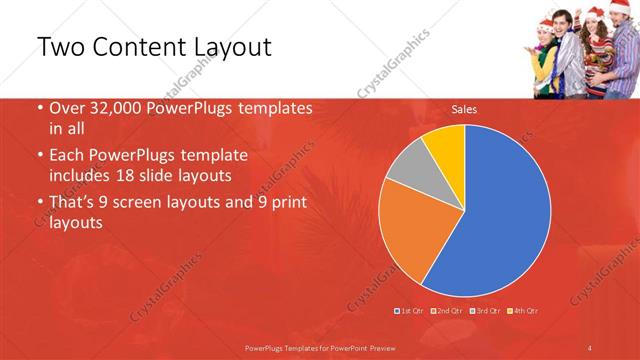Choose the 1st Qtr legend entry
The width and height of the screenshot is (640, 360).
pos(410,311)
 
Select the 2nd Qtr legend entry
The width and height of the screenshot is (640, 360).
pos(447,311)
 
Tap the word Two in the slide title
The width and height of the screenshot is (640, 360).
pos(59,47)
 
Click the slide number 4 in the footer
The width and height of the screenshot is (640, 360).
pos(590,347)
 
